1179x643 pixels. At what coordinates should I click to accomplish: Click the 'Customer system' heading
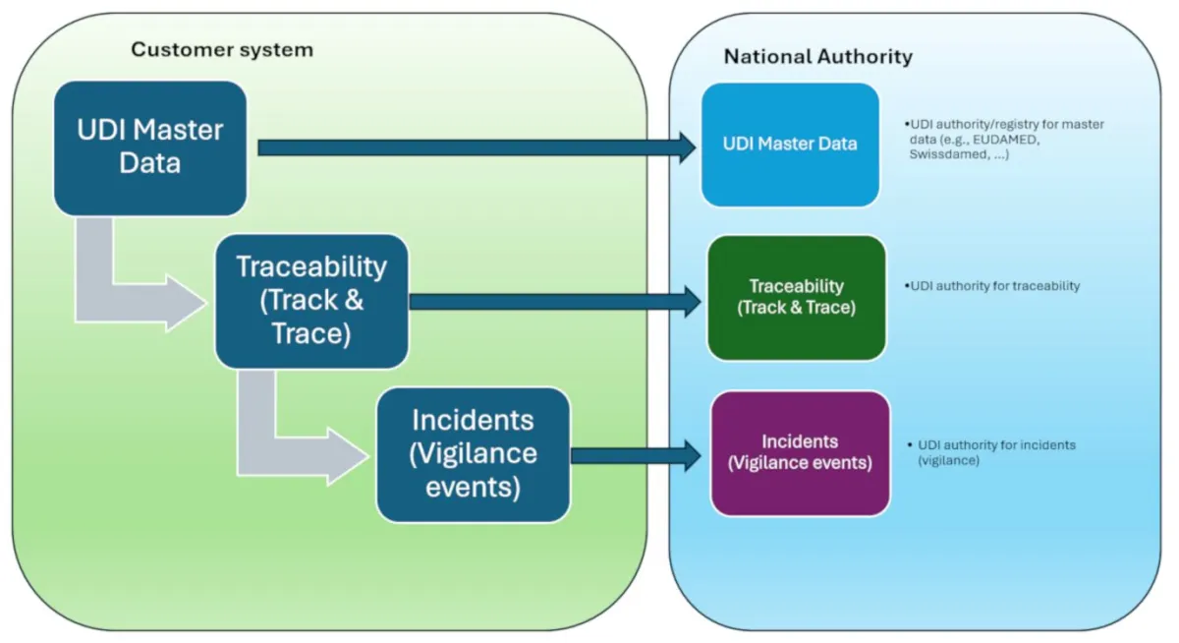(222, 49)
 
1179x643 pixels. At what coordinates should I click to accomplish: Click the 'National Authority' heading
(817, 56)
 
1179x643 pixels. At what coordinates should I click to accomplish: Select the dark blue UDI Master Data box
(149, 147)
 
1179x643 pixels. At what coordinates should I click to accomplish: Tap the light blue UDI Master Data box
(790, 145)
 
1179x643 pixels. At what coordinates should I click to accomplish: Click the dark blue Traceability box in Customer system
(311, 301)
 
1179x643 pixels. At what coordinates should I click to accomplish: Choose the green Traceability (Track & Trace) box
(796, 297)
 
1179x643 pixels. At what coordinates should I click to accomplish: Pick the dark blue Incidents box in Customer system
(473, 454)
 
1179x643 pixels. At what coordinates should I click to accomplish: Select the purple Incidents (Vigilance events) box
(800, 453)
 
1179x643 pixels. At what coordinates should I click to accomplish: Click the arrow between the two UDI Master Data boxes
(472, 147)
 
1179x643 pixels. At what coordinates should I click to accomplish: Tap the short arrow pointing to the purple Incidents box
(634, 455)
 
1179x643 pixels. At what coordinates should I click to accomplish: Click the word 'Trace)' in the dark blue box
(311, 333)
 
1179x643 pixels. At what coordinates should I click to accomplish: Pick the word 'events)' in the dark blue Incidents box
(473, 487)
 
